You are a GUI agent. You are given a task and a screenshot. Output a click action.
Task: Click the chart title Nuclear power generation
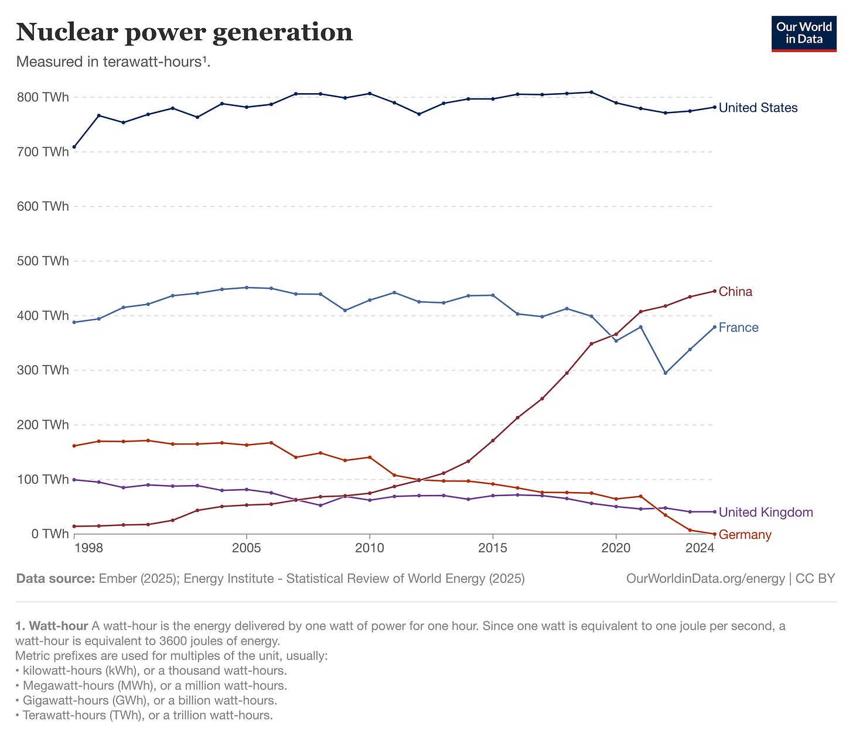[x=184, y=32]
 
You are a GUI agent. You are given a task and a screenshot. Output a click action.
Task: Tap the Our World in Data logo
[x=804, y=34]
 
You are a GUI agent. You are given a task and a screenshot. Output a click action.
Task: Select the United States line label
[x=758, y=108]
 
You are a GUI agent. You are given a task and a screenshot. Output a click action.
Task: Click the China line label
[x=735, y=292]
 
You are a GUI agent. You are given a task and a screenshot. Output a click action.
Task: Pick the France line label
[x=738, y=327]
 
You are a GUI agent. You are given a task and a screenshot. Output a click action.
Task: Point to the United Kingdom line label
[x=766, y=512]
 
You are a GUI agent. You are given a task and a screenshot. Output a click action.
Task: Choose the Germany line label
[x=745, y=535]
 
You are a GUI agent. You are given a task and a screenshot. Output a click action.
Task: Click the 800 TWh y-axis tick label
[x=43, y=97]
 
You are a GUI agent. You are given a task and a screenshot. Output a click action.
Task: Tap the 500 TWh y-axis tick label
[x=43, y=261]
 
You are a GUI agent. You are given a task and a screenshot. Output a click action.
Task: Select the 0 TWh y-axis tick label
[x=50, y=534]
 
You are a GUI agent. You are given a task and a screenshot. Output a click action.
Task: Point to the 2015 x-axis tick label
[x=493, y=548]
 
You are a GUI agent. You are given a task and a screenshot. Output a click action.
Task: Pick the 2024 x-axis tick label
[x=700, y=548]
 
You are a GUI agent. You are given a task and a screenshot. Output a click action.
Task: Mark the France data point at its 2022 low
[x=665, y=373]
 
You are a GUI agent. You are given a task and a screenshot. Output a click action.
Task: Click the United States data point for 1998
[x=74, y=146]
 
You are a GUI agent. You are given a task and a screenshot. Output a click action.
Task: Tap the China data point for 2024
[x=714, y=291]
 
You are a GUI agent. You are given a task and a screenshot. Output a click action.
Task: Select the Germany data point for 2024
[x=714, y=534]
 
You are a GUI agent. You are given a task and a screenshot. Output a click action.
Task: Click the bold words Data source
[x=55, y=579]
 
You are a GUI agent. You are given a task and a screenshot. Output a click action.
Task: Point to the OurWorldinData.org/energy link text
[x=705, y=579]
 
